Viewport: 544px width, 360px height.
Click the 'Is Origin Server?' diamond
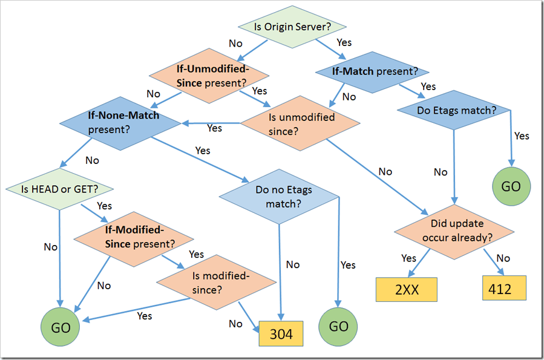pyautogui.click(x=292, y=27)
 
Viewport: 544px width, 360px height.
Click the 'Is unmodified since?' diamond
pyautogui.click(x=301, y=123)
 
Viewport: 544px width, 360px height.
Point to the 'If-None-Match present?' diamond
pyautogui.click(x=120, y=122)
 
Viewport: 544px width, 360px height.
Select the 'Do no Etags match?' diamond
pyautogui.click(x=279, y=197)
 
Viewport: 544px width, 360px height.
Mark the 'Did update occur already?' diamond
pyautogui.click(x=454, y=230)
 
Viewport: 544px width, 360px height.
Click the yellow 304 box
pyautogui.click(x=281, y=334)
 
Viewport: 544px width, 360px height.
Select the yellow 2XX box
pyautogui.click(x=406, y=289)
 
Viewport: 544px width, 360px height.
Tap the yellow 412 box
pyautogui.click(x=504, y=289)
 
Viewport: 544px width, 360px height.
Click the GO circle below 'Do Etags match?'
pyautogui.click(x=511, y=186)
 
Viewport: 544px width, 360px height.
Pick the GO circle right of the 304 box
pyautogui.click(x=338, y=327)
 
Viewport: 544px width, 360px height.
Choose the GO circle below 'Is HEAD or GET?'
pyautogui.click(x=60, y=327)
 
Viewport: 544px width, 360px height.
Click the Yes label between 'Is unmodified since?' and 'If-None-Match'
pyautogui.click(x=214, y=128)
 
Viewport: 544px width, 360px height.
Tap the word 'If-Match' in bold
pyautogui.click(x=353, y=71)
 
